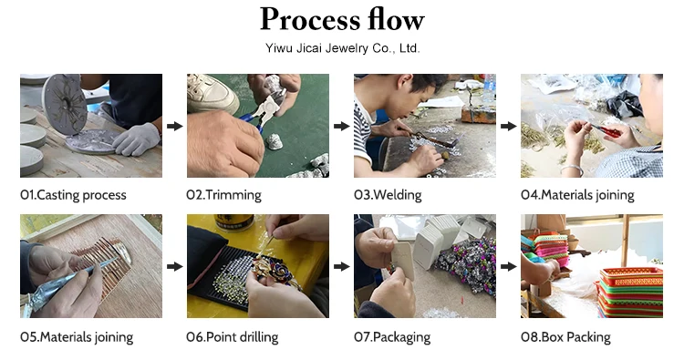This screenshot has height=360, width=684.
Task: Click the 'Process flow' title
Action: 342,20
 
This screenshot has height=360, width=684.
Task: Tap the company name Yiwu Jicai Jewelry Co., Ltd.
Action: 342,48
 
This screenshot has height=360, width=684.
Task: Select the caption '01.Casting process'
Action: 73,195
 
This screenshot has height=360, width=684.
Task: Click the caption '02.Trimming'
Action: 223,195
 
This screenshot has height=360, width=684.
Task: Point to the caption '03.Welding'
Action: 388,195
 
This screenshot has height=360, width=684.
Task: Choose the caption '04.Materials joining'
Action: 577,195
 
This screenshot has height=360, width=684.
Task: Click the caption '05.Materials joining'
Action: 77,337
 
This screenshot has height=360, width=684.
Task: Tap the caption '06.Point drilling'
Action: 232,337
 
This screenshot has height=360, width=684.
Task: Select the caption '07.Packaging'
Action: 392,337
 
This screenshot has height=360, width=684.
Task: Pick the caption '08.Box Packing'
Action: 565,337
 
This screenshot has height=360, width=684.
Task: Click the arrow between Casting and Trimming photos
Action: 174,126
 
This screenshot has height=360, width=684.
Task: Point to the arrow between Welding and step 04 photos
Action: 508,126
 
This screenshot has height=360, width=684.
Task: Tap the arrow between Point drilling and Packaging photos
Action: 342,266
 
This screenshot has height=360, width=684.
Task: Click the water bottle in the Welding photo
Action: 490,88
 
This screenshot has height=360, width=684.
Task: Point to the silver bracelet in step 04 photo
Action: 572,170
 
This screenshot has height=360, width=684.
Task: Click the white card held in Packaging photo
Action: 403,261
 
